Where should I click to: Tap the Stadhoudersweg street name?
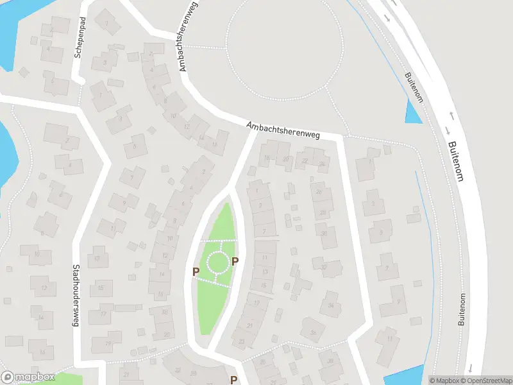point(75,296)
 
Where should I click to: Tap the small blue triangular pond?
point(414,114)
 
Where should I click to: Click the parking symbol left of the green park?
point(196,272)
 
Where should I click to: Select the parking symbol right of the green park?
point(235,261)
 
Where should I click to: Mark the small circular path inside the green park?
point(217,262)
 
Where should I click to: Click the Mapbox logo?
point(28,377)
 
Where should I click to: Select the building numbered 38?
point(331,361)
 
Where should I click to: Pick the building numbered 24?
point(321,162)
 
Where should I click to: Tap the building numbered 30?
point(324,235)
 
